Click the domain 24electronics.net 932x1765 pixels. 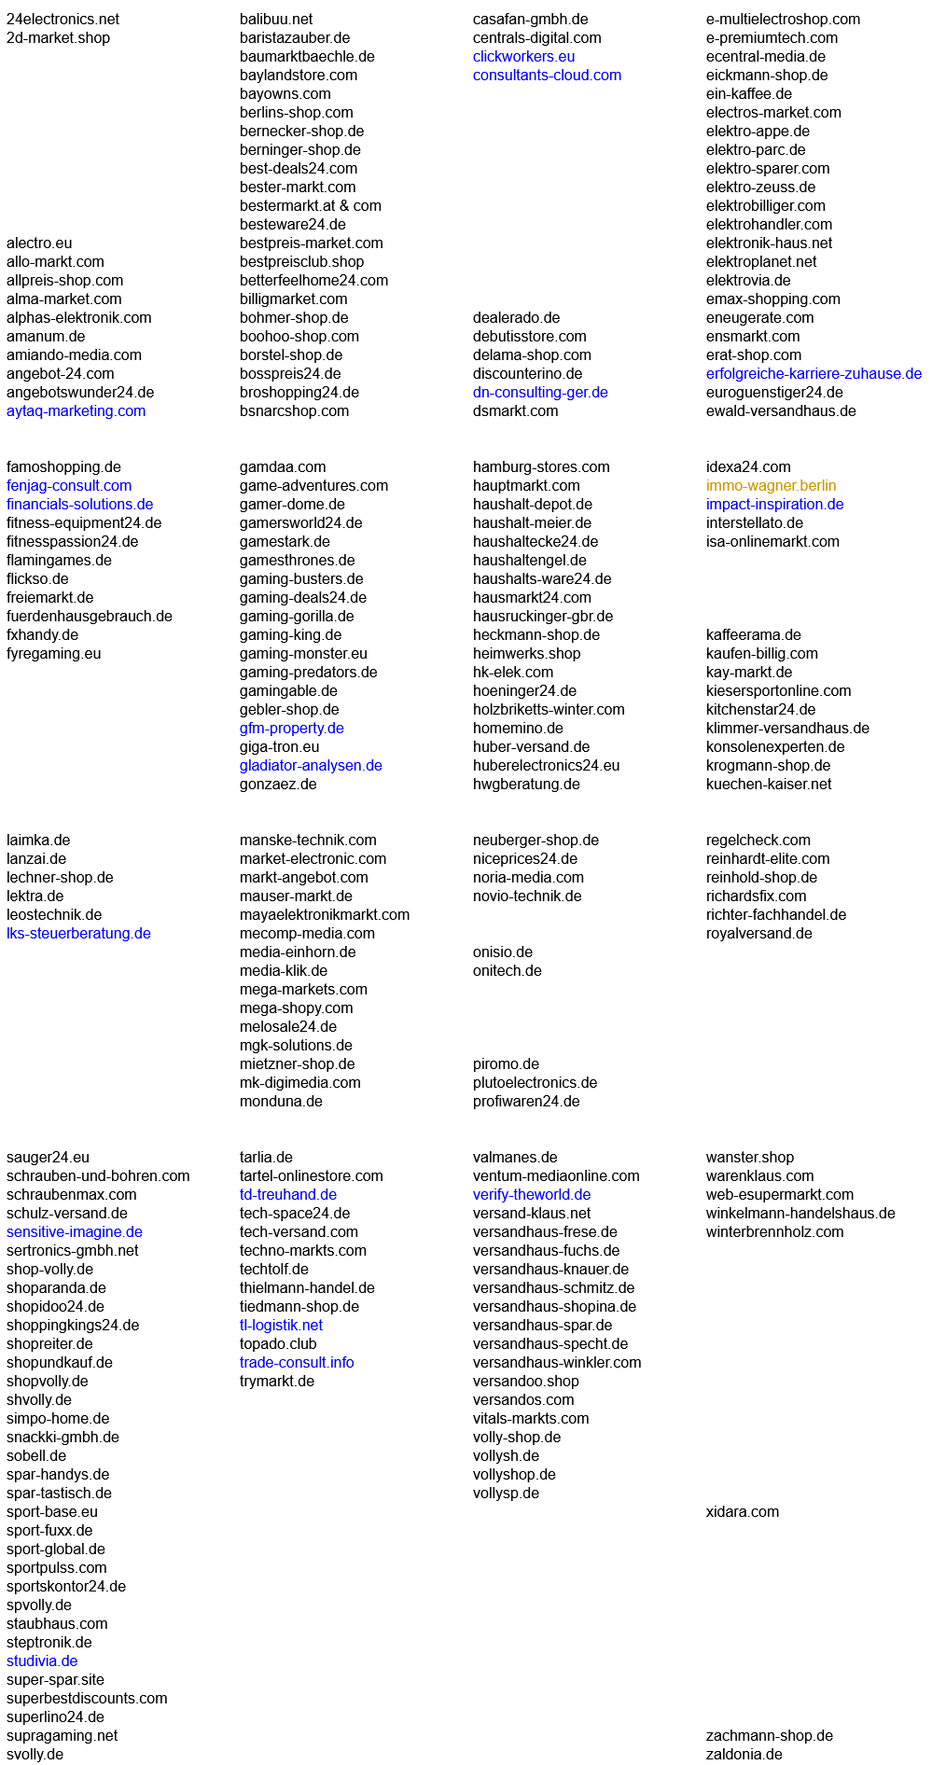tap(63, 20)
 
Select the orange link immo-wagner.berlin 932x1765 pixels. tap(771, 486)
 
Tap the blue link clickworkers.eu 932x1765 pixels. tap(523, 57)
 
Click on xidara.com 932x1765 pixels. tap(742, 1512)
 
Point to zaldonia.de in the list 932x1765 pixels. tap(744, 1755)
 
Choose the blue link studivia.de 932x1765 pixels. tap(42, 1661)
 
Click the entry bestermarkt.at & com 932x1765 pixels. tap(310, 206)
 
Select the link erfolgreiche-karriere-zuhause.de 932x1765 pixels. tap(814, 374)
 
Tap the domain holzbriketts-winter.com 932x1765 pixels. tap(549, 710)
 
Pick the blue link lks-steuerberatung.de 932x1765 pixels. tap(78, 934)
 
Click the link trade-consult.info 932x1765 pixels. tap(297, 1363)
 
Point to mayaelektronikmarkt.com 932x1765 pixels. tap(324, 915)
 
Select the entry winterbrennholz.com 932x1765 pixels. tap(774, 1232)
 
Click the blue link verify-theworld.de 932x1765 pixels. tap(531, 1195)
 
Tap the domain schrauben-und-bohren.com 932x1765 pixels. tap(98, 1176)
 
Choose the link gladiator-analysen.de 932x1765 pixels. tap(311, 766)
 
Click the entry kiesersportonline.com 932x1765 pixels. tap(778, 691)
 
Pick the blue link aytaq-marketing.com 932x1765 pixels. tap(76, 411)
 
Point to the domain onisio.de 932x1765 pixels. tap(502, 952)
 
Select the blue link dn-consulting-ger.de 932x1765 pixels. tap(540, 393)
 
